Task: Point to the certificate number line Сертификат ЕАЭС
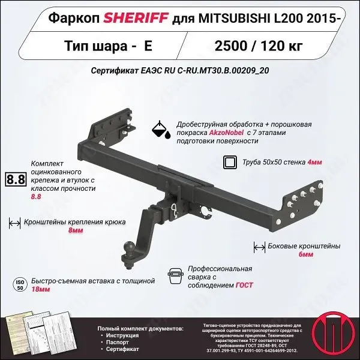coord(179,70)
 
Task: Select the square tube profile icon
coord(229,161)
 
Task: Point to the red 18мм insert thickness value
coord(39,289)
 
